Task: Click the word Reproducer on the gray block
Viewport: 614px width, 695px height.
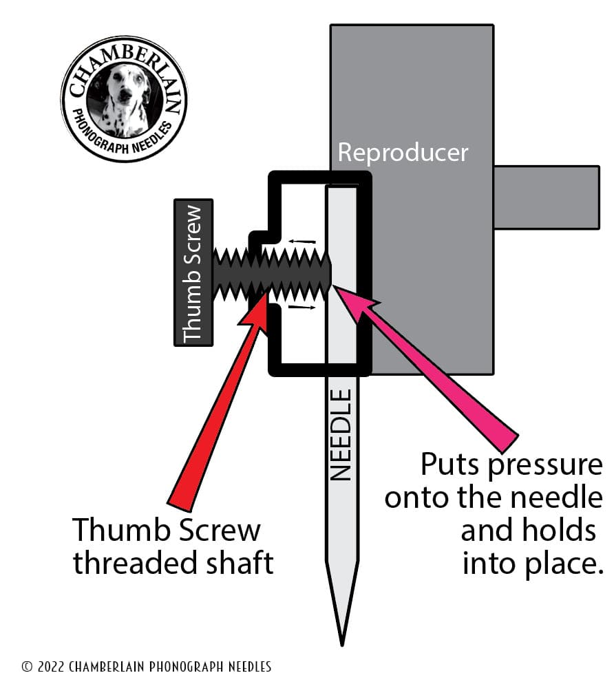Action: pyautogui.click(x=403, y=152)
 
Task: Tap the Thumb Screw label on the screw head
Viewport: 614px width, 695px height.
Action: pyautogui.click(x=193, y=272)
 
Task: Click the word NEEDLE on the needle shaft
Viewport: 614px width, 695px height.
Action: pyautogui.click(x=341, y=435)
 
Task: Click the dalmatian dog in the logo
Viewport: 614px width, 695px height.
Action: pyautogui.click(x=124, y=100)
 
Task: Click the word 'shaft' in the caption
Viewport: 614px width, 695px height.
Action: pyautogui.click(x=240, y=563)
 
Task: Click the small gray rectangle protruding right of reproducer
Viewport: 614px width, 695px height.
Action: pyautogui.click(x=547, y=197)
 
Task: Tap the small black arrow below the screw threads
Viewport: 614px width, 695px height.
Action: pyautogui.click(x=301, y=307)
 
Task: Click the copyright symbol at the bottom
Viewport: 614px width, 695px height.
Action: pyautogui.click(x=28, y=667)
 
